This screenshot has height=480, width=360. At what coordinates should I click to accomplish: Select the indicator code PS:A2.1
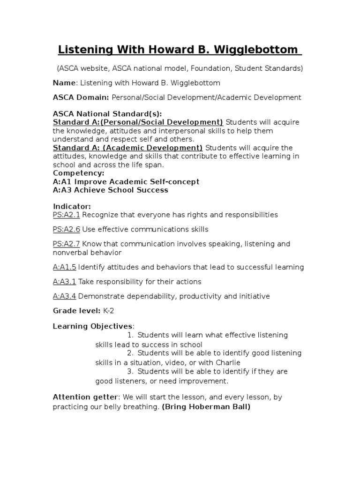(67, 215)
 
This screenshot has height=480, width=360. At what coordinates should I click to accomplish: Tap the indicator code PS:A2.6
(67, 229)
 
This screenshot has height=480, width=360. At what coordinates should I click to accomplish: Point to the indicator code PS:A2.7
(67, 244)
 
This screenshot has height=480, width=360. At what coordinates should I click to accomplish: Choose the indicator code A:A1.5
(64, 267)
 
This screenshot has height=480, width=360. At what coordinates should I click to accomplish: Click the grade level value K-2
(109, 311)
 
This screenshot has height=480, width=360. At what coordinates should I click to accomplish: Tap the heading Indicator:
(72, 206)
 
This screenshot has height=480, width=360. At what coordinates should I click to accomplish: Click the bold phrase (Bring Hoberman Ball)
(206, 407)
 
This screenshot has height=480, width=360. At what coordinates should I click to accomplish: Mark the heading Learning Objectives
(92, 326)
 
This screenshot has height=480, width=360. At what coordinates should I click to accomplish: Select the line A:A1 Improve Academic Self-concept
(126, 181)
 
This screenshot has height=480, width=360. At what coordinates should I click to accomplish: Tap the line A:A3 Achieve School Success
(110, 190)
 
